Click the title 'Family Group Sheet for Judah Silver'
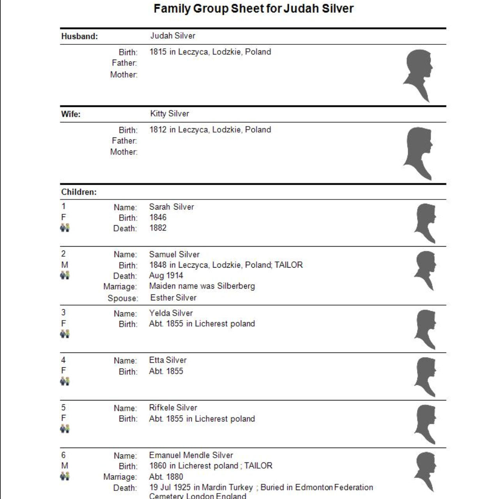point(253,9)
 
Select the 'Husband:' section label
point(80,36)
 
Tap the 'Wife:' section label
point(71,114)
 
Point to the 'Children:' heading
point(79,192)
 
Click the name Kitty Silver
point(170,114)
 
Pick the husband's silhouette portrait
point(418,75)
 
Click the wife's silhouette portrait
point(418,153)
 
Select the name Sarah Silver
point(172,207)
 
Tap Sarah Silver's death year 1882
point(158,228)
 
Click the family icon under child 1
point(65,227)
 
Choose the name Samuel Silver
point(174,254)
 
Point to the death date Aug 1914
point(166,275)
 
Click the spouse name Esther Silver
point(173,298)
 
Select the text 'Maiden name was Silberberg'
point(202,286)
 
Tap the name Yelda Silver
point(171,313)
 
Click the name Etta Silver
point(168,360)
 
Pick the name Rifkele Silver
point(173,408)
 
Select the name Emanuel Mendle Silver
point(191,455)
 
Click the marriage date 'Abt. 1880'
point(166,477)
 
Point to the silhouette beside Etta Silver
point(425,377)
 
